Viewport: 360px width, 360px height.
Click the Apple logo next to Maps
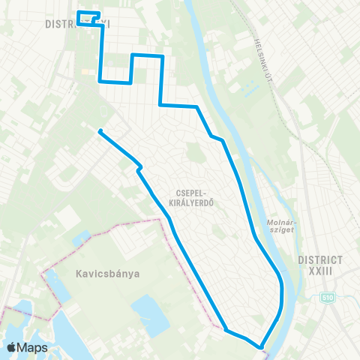coord(11,348)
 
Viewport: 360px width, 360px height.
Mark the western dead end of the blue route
coord(99,131)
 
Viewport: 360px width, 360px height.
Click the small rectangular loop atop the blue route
coord(88,17)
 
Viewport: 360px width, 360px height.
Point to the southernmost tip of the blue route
coord(261,347)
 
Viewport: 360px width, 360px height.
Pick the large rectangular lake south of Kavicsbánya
coord(149,315)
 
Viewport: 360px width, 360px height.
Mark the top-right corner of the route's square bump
coord(162,55)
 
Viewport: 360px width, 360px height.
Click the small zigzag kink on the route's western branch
coord(139,168)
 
